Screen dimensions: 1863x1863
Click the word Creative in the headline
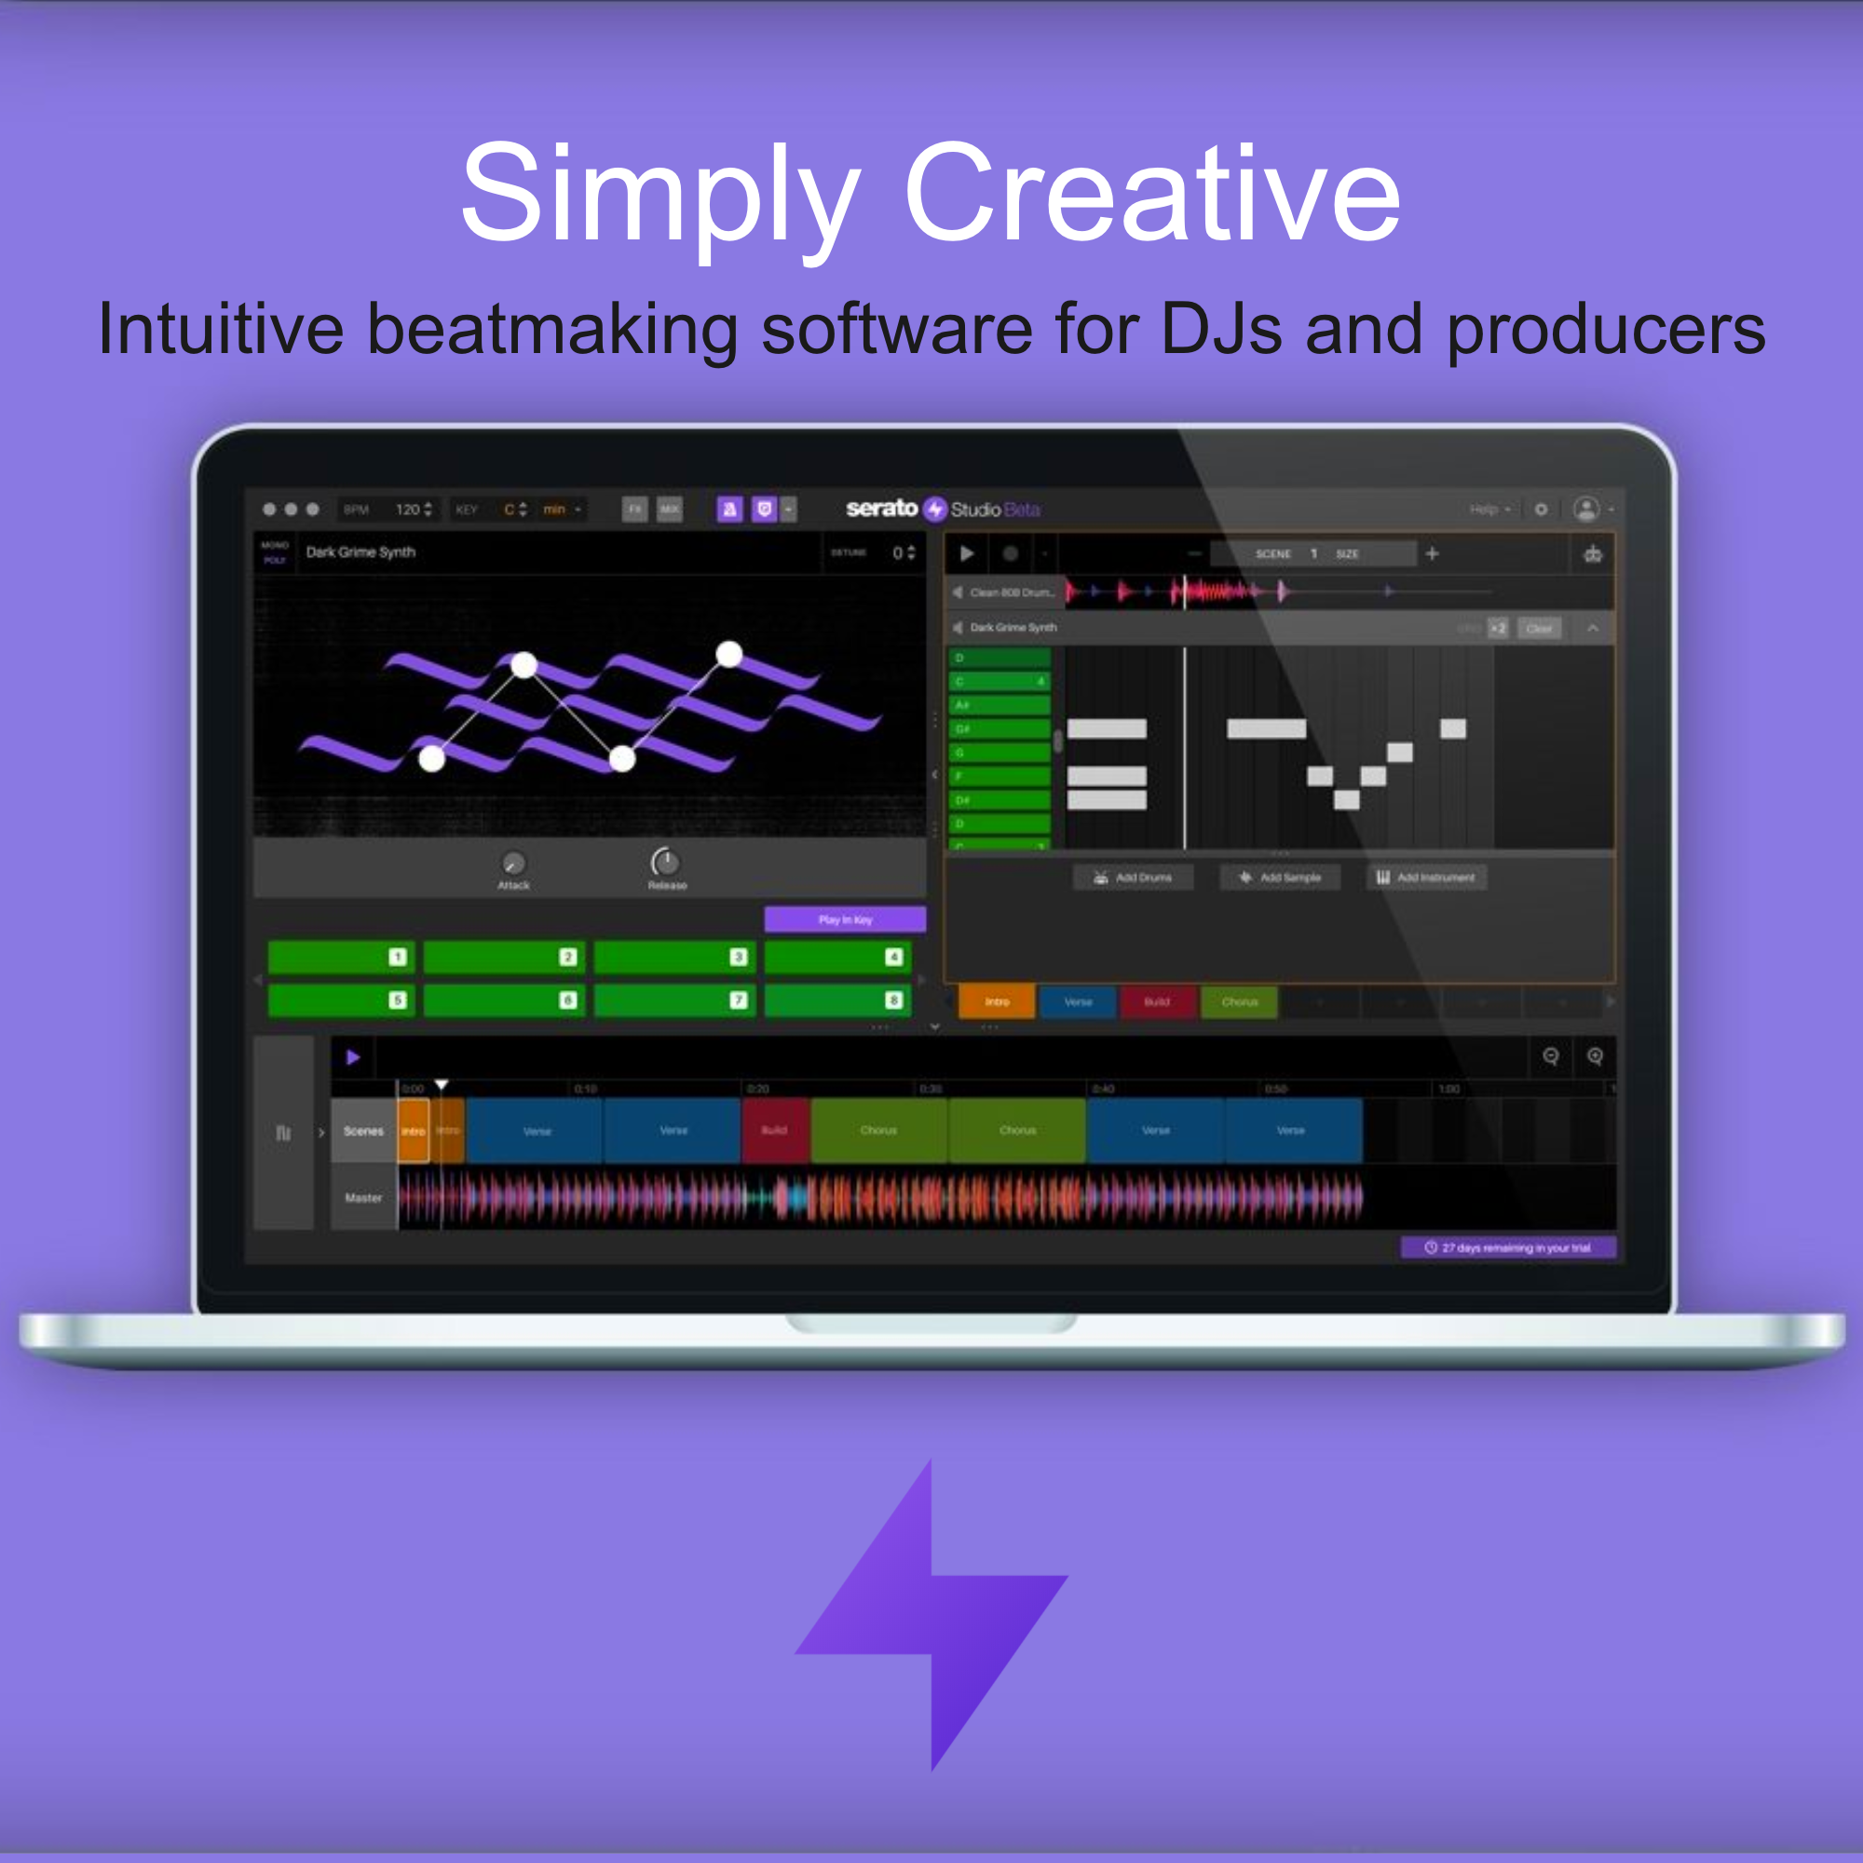(1151, 193)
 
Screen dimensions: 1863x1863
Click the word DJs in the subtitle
(1222, 330)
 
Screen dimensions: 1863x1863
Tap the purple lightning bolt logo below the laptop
(931, 1614)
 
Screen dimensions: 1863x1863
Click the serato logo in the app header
(881, 509)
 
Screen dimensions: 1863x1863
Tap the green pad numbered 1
(341, 957)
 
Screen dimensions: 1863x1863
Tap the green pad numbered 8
(837, 999)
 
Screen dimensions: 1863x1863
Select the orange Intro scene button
(996, 1002)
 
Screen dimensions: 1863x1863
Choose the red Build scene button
(1156, 1002)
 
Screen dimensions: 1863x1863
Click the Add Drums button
(1133, 877)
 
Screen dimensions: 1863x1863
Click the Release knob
(665, 861)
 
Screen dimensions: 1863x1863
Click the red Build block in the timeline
(775, 1130)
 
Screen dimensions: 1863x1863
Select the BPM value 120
(408, 510)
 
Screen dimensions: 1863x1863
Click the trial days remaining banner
(1507, 1248)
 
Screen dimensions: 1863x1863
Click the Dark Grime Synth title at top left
(360, 551)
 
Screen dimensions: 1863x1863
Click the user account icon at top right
(1585, 509)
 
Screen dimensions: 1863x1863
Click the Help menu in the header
(1485, 510)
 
